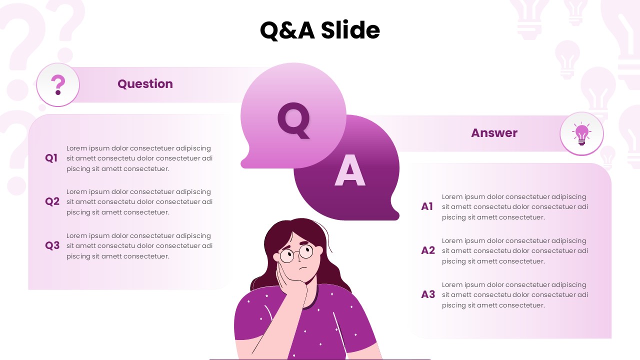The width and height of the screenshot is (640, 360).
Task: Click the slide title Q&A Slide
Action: point(320,30)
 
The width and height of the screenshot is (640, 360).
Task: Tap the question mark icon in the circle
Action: point(58,85)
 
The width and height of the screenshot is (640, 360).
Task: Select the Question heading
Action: point(145,84)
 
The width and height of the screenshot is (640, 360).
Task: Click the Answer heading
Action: point(494,133)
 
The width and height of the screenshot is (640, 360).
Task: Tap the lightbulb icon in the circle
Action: point(581,134)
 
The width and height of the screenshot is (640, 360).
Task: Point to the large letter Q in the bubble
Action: point(294,120)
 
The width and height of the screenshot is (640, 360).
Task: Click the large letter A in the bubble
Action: point(350,171)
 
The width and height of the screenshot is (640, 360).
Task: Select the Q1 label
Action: point(51,158)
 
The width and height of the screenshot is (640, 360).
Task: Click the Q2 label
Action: point(52,202)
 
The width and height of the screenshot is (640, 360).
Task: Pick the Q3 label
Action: point(52,246)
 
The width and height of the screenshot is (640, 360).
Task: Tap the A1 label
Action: point(427,207)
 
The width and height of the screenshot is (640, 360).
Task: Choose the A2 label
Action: point(428,251)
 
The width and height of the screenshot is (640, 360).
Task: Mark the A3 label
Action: point(428,295)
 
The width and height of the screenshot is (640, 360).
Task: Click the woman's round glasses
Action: point(296,253)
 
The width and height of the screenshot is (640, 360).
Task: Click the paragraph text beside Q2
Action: point(139,202)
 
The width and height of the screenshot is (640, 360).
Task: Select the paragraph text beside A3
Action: point(515,295)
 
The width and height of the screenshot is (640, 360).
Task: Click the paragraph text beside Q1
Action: point(139,158)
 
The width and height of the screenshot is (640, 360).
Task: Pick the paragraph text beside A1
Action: point(515,207)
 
